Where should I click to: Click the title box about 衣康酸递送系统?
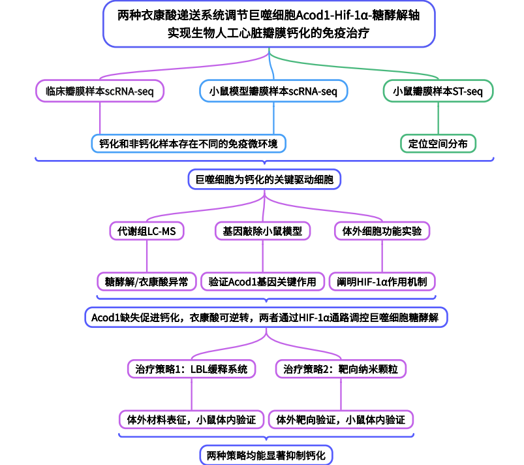(268, 24)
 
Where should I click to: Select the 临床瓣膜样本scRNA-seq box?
(100, 92)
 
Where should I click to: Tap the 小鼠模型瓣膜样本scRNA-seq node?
(273, 92)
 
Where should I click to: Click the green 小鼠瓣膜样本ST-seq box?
(438, 92)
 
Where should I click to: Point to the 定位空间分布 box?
(438, 144)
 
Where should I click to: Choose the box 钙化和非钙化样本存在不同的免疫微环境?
(189, 144)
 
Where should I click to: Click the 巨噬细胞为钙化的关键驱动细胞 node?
(264, 179)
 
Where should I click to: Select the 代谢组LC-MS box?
(146, 231)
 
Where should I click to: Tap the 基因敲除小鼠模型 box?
(262, 231)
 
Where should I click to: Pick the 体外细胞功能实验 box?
(382, 231)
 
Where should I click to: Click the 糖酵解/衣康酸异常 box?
(146, 282)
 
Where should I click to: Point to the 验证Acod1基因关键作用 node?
(262, 282)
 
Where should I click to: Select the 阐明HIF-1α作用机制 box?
(382, 282)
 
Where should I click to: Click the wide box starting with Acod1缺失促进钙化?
(266, 317)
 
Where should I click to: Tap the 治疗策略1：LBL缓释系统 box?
(191, 369)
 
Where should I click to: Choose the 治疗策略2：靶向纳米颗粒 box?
(341, 369)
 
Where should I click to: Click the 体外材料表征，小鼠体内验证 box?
(191, 419)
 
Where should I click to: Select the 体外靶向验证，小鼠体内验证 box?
(341, 419)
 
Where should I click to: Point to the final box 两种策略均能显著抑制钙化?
(266, 454)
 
